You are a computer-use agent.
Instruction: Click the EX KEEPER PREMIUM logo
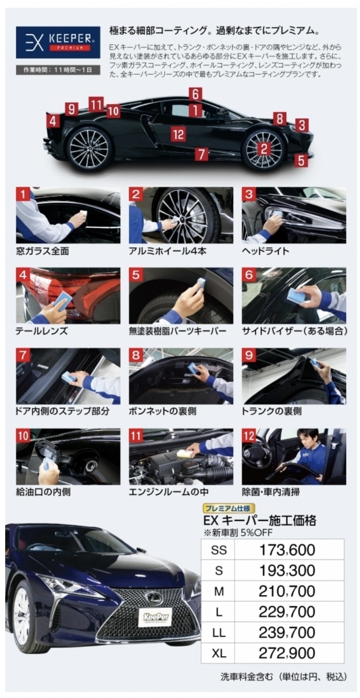coord(58,42)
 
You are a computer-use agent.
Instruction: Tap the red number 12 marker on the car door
coord(179,134)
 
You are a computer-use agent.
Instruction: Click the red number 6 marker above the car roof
coord(195,94)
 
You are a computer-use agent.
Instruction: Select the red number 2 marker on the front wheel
coord(264,149)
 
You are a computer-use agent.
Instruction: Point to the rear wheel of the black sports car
coord(88,148)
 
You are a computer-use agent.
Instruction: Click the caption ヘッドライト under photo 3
coord(265,251)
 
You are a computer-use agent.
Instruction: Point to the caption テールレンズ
coord(41,331)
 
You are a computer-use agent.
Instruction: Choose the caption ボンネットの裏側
coord(162,411)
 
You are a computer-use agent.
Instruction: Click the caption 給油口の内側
coord(43,492)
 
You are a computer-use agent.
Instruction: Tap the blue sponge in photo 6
coord(297,294)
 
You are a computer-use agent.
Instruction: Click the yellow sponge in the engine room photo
coord(184,452)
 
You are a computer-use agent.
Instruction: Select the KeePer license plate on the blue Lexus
coord(155,617)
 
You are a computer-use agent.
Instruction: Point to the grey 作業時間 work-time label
coord(58,70)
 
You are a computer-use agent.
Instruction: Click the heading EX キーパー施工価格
coord(259,521)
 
